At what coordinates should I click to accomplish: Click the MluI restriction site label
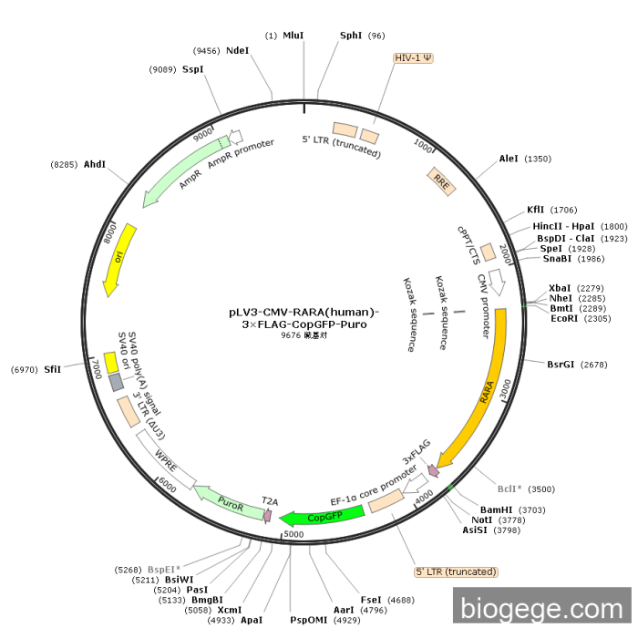click(293, 36)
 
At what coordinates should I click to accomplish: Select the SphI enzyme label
click(351, 36)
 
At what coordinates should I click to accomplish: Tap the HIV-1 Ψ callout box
click(414, 57)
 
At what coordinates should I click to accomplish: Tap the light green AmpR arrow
click(178, 175)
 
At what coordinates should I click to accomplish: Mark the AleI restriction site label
click(509, 159)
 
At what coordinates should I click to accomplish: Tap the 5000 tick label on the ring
click(293, 534)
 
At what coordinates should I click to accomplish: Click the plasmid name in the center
click(304, 317)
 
